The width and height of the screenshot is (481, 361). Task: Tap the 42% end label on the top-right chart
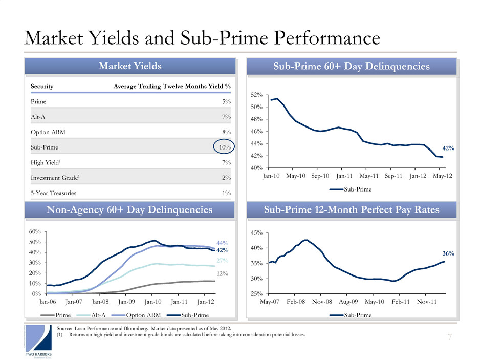(x=448, y=148)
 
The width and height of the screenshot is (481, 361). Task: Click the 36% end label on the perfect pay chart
(x=448, y=253)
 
